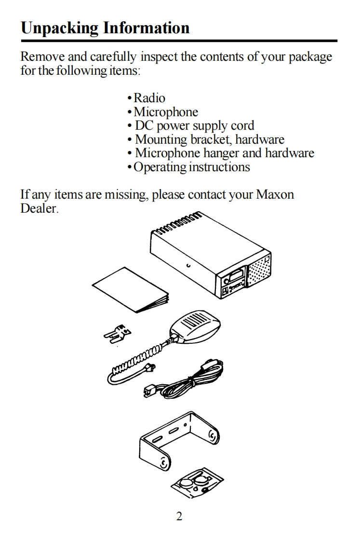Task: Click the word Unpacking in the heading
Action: tap(59, 28)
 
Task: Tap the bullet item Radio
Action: tap(149, 98)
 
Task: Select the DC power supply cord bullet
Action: tap(194, 126)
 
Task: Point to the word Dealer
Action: tap(39, 209)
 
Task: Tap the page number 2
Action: tap(179, 517)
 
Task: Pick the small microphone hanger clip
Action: tap(118, 333)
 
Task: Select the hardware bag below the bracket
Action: tap(198, 483)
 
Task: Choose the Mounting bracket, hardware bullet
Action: tap(209, 140)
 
